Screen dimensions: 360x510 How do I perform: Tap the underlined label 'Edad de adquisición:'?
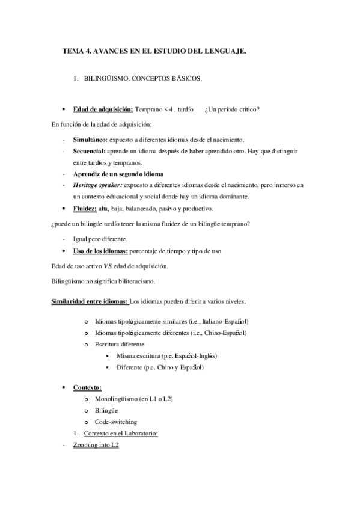point(103,109)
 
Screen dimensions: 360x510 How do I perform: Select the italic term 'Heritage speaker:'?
point(97,185)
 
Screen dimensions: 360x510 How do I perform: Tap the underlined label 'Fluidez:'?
point(85,208)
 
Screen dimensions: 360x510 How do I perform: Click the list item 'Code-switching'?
point(115,422)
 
